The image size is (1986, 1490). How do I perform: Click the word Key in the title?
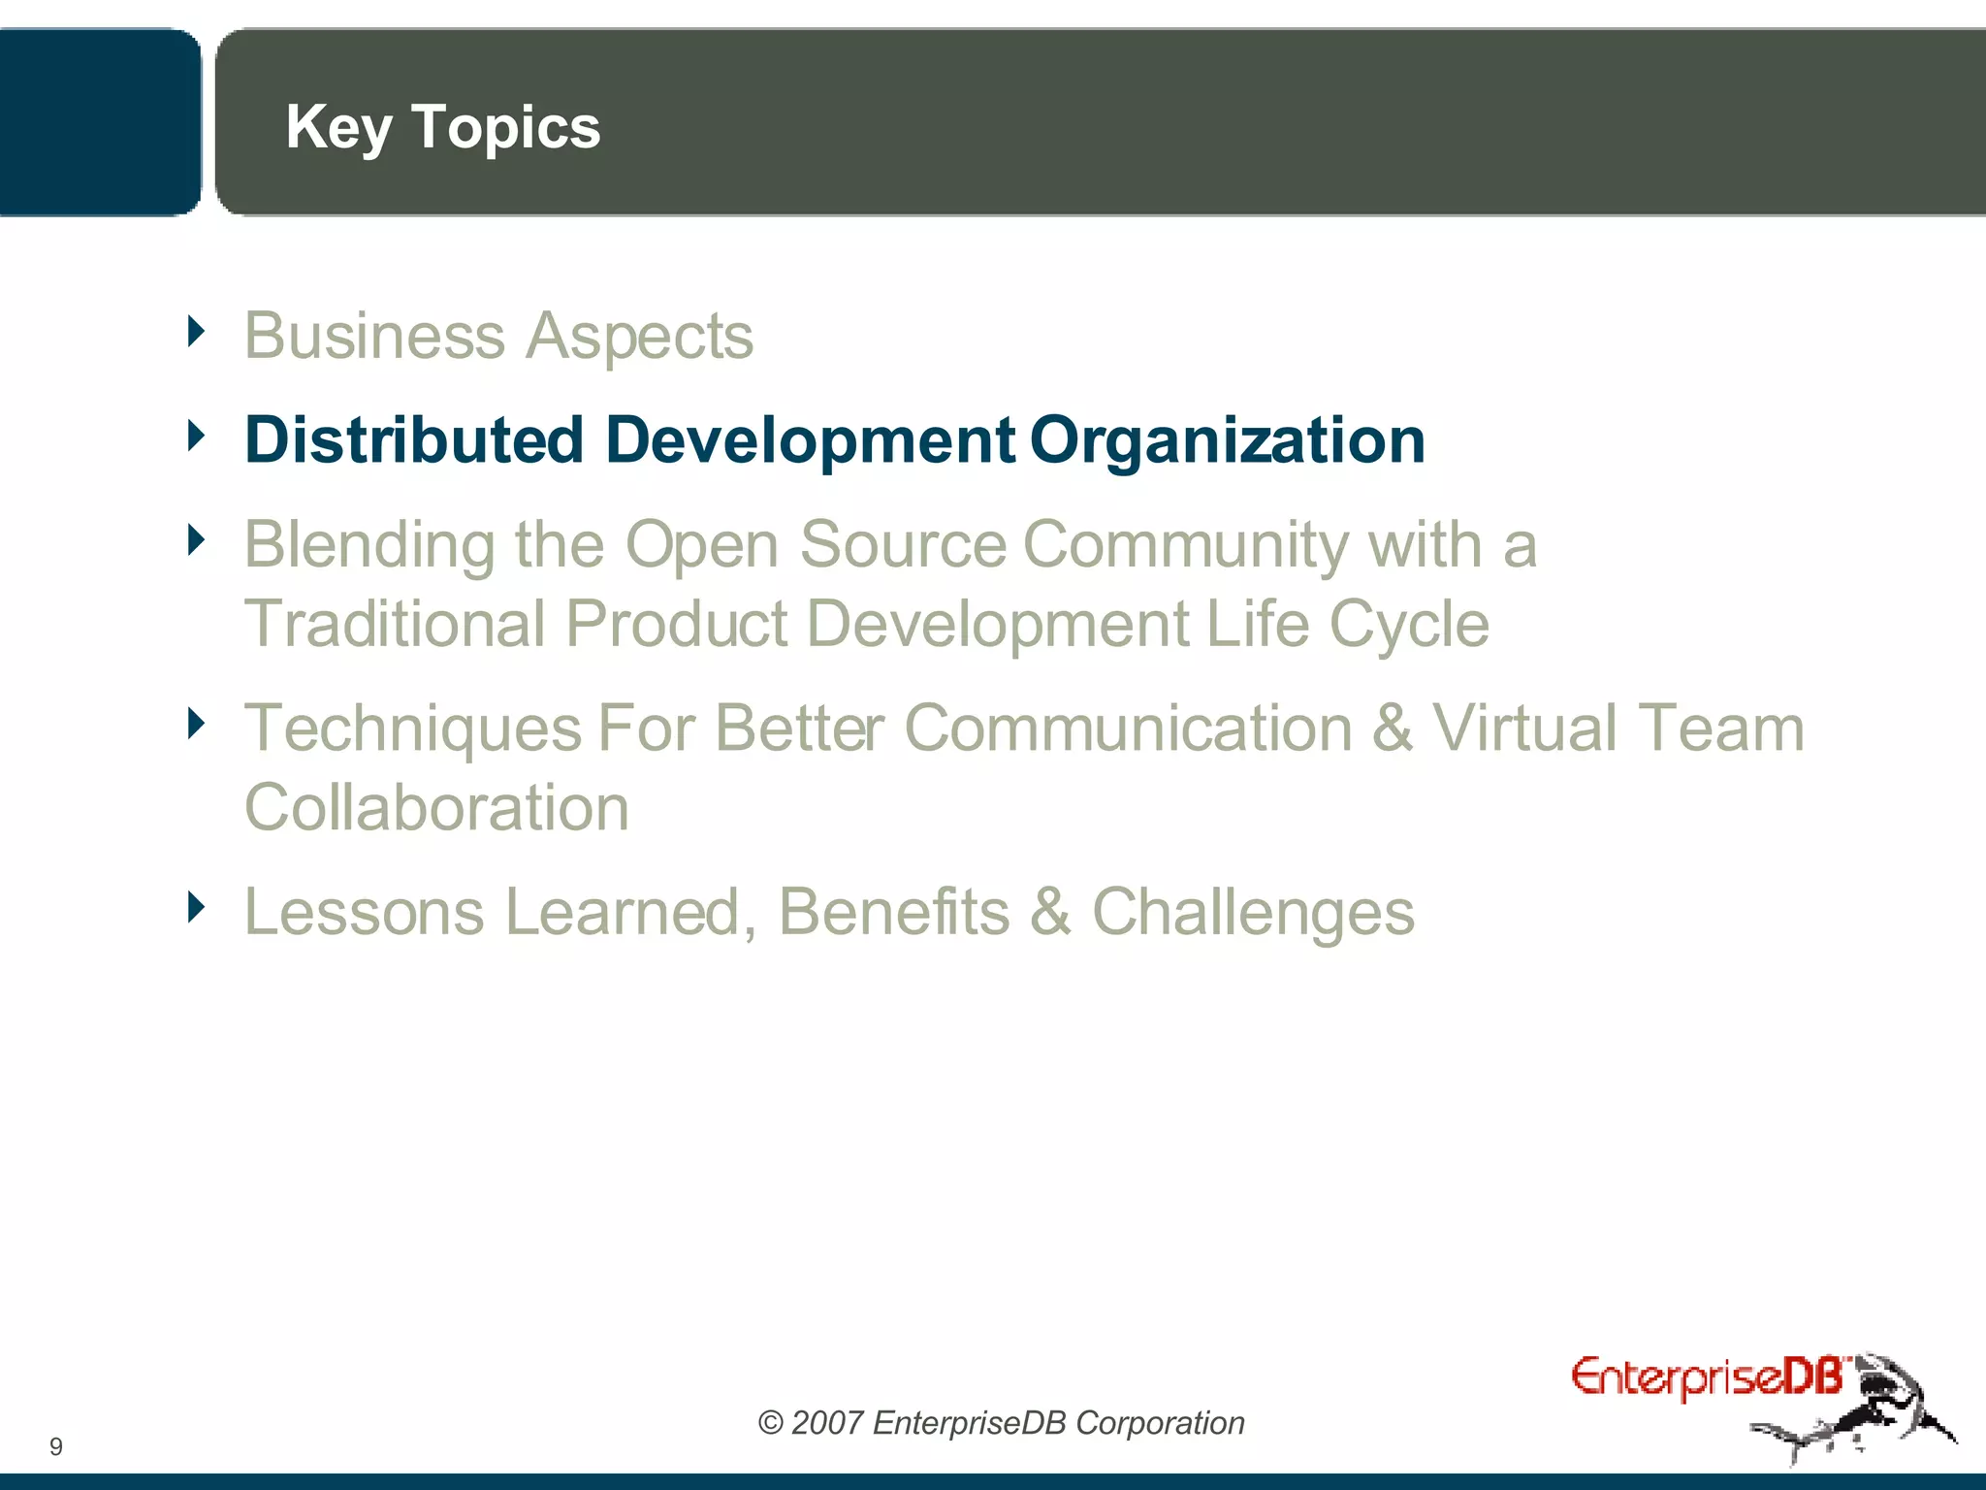338,128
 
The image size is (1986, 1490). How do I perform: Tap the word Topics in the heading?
505,128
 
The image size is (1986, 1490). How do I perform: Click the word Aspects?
639,338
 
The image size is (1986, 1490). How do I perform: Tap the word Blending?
369,545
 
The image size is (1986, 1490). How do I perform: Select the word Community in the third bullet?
1185,545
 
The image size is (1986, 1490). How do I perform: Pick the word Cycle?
1408,625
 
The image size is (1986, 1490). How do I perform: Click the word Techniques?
413,729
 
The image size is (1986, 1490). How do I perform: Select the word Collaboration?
436,807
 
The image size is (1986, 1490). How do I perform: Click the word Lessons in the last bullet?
364,912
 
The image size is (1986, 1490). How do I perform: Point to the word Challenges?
1253,914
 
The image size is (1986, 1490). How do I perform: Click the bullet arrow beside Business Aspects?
197,332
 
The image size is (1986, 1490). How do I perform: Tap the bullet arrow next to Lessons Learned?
197,907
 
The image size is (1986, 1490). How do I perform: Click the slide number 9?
56,1446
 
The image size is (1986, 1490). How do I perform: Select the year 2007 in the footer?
826,1423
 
